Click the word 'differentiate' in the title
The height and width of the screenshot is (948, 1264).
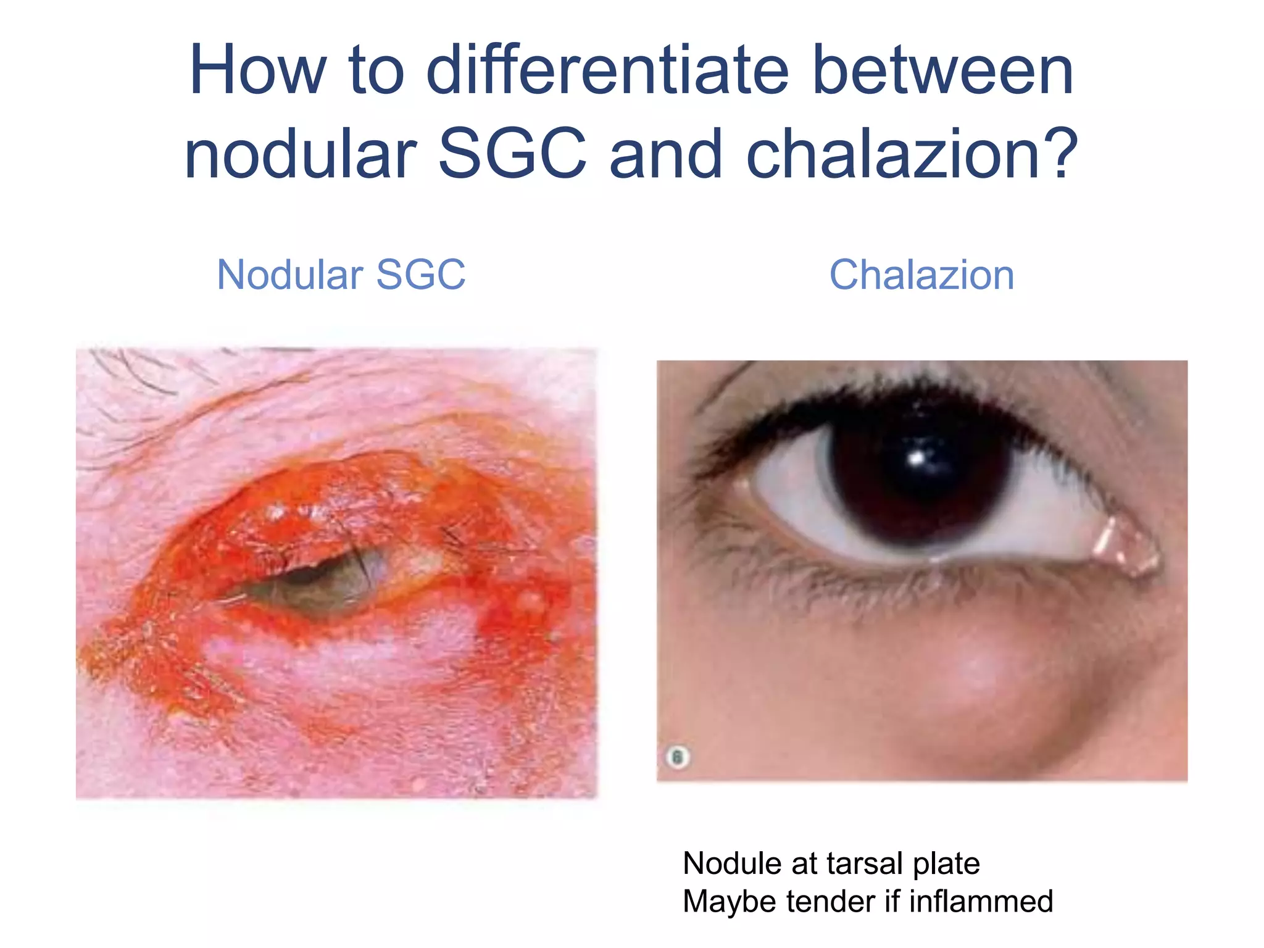click(607, 71)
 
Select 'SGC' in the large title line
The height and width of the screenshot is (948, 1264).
click(512, 154)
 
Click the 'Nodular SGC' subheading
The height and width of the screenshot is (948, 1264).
click(341, 275)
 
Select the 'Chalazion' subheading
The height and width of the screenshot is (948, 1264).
click(921, 275)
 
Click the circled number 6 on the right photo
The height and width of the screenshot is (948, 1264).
click(678, 757)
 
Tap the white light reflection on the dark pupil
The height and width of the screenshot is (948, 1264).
click(918, 458)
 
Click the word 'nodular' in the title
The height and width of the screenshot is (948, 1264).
click(301, 154)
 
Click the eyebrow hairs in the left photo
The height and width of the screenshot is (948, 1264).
click(136, 370)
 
